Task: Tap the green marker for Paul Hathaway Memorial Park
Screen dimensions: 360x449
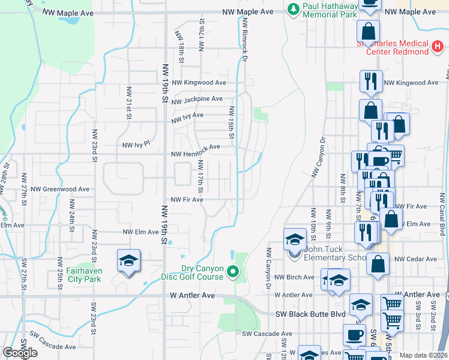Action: [x=293, y=9]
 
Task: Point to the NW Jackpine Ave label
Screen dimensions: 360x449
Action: [x=196, y=99]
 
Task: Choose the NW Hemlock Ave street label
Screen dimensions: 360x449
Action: [x=196, y=147]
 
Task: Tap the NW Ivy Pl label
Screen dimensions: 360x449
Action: [x=136, y=145]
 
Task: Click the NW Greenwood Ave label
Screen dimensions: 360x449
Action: [x=64, y=189]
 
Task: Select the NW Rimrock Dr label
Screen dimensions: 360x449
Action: [x=245, y=42]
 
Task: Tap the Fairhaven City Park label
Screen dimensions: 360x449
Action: [x=75, y=275]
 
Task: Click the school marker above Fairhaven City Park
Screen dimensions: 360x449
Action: [x=128, y=261]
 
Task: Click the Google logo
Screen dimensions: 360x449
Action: [x=20, y=353]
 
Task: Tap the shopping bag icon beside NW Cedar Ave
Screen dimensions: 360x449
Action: [x=378, y=263]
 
